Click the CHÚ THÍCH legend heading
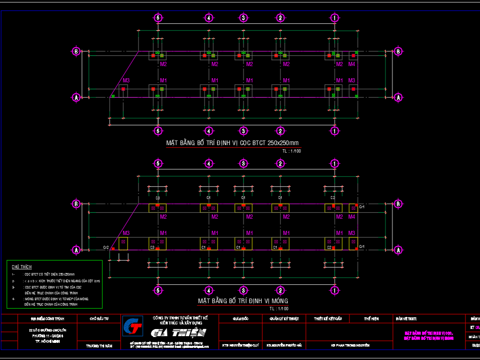pyautogui.click(x=22, y=267)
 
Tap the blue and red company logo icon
pyautogui.click(x=132, y=326)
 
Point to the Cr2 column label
pyautogui.click(x=106, y=248)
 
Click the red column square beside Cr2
pyautogui.click(x=113, y=249)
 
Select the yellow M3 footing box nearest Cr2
pyautogui.click(x=123, y=244)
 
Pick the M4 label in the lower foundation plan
pyautogui.click(x=352, y=217)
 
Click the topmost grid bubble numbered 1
pyautogui.click(x=334, y=18)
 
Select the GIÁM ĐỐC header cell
pyautogui.click(x=241, y=319)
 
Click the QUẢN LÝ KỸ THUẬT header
pyautogui.click(x=284, y=319)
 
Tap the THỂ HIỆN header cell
pyautogui.click(x=371, y=319)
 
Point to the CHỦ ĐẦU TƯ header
pyautogui.click(x=99, y=319)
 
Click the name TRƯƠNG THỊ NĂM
pyautogui.click(x=99, y=346)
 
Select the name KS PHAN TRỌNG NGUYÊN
pyautogui.click(x=350, y=345)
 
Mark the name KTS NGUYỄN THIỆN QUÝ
pyautogui.click(x=241, y=345)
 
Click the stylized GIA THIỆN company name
pyautogui.click(x=179, y=333)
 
